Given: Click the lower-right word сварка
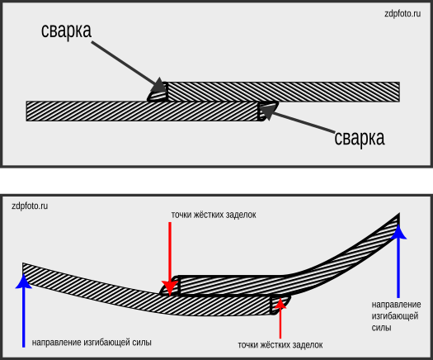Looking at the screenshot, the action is [x=360, y=139].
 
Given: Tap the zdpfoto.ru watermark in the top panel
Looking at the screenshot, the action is [x=402, y=13].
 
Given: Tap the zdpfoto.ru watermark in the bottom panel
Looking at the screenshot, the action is [x=30, y=206].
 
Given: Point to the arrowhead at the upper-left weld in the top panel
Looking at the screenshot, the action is [x=159, y=85].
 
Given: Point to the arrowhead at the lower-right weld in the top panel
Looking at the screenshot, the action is [x=267, y=110].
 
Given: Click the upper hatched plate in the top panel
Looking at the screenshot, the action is [x=283, y=92].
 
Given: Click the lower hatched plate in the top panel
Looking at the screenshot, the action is [x=143, y=111].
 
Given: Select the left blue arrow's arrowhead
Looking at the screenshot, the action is [x=24, y=282].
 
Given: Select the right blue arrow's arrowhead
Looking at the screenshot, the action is [x=398, y=232].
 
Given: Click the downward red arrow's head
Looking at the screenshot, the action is [x=170, y=288].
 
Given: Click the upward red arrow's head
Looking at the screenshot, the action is [x=280, y=303].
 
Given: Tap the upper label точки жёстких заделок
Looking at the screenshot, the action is [x=214, y=215].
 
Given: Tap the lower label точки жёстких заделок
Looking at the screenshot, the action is [x=280, y=345].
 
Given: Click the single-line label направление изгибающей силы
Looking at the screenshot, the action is [x=92, y=343].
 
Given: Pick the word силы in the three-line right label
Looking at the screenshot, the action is [x=381, y=328].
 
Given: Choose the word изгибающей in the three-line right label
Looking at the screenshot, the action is [x=395, y=316].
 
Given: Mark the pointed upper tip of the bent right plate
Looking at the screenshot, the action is [x=399, y=214].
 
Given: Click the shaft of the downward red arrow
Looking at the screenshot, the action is [x=170, y=252].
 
